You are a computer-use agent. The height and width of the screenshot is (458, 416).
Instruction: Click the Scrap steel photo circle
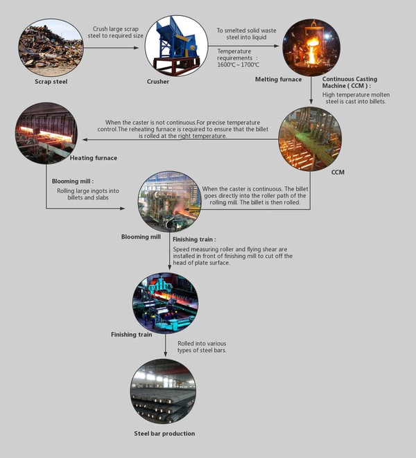(x=51, y=48)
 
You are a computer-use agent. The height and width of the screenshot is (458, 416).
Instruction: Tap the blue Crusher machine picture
(x=177, y=46)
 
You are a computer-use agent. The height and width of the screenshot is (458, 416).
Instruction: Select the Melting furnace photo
(x=311, y=48)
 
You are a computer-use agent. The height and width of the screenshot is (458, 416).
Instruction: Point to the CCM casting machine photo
(x=310, y=139)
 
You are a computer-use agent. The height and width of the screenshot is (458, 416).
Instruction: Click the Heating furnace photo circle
(x=46, y=133)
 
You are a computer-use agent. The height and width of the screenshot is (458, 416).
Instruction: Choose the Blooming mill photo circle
(x=170, y=202)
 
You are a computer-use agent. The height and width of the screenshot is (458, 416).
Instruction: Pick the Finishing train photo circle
(x=166, y=303)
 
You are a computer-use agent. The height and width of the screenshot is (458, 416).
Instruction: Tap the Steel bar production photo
(x=164, y=391)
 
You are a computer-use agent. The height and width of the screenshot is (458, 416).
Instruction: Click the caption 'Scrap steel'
(x=51, y=82)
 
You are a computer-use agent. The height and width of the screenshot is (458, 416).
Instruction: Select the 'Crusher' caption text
(x=158, y=82)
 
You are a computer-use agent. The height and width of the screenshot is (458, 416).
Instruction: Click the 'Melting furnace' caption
(x=278, y=79)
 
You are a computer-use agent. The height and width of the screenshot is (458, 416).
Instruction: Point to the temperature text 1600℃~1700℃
(x=238, y=65)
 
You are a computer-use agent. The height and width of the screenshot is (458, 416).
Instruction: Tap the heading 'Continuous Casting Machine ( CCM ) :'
(x=349, y=82)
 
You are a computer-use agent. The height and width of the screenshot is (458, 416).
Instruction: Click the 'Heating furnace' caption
(x=94, y=158)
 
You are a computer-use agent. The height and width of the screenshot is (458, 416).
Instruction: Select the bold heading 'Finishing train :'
(x=194, y=240)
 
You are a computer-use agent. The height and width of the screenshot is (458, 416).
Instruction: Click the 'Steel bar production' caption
(x=164, y=434)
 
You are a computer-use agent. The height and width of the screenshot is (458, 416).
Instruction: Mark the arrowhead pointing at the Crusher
(x=136, y=48)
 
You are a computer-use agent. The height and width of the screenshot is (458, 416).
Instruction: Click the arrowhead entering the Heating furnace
(x=85, y=140)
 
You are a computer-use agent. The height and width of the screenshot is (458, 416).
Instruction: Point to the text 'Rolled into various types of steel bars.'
(x=202, y=346)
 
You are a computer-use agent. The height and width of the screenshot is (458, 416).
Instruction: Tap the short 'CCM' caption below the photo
(x=338, y=173)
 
